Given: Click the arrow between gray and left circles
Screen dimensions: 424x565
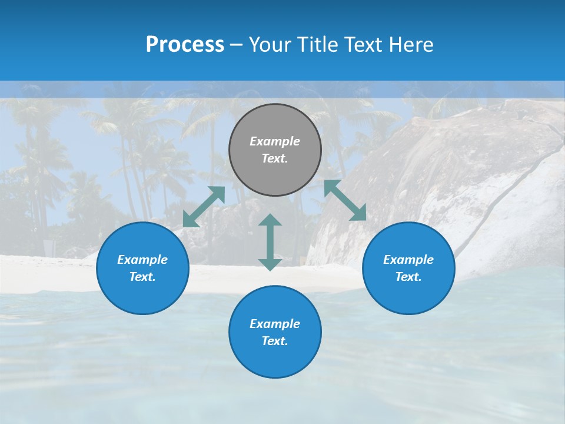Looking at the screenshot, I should coord(204,206).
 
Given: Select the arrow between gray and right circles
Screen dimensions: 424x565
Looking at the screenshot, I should coord(345,200).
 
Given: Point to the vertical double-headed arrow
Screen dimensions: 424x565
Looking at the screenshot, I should coord(270,242).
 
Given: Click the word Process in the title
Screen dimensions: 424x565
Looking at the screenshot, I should coord(185,44).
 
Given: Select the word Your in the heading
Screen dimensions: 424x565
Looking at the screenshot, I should coord(271,45).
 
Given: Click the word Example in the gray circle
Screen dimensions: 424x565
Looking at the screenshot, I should coord(275,141).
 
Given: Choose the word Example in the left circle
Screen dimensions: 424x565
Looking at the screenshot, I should coord(142,260).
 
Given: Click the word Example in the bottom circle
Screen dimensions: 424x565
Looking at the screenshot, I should coord(275,324).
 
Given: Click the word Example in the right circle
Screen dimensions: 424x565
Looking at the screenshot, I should coord(408,260).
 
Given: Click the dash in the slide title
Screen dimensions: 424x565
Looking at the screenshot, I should coord(237,45).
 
